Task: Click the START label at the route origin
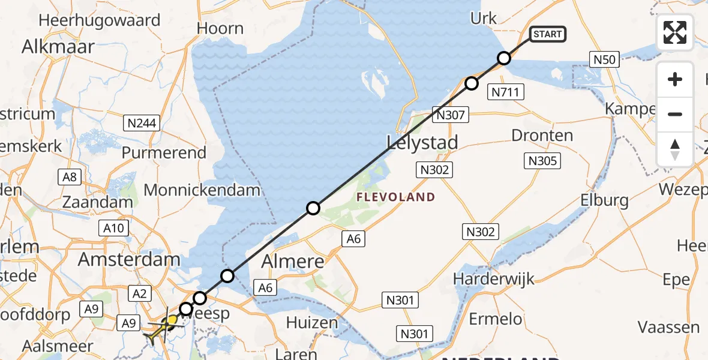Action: pyautogui.click(x=547, y=34)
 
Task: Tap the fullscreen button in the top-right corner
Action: pyautogui.click(x=675, y=32)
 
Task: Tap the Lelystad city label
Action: pyautogui.click(x=422, y=142)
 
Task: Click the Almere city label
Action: pyautogui.click(x=294, y=262)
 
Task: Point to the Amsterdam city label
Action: pyautogui.click(x=128, y=259)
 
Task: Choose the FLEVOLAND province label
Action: pyautogui.click(x=395, y=197)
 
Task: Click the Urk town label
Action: pyautogui.click(x=484, y=19)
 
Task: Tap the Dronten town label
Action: pyautogui.click(x=542, y=136)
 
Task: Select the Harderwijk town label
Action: pyautogui.click(x=493, y=279)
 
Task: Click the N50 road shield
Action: pyautogui.click(x=604, y=59)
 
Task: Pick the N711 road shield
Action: pyautogui.click(x=507, y=92)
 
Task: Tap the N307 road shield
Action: pyautogui.click(x=451, y=115)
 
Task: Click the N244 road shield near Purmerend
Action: pyautogui.click(x=142, y=124)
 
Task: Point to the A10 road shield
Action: pyautogui.click(x=113, y=228)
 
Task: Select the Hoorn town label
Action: pyautogui.click(x=221, y=28)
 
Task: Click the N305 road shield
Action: pyautogui.click(x=542, y=160)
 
